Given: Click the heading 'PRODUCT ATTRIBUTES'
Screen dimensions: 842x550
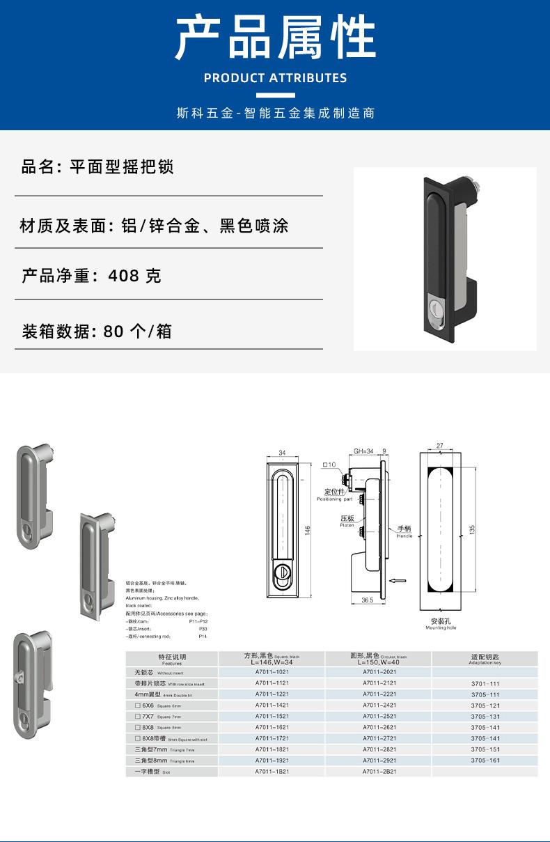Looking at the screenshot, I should [x=275, y=77].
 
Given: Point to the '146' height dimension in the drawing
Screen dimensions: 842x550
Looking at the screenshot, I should [x=306, y=531].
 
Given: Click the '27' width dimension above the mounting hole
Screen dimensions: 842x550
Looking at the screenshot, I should [x=439, y=445].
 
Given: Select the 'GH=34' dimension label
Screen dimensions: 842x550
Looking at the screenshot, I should [x=363, y=451].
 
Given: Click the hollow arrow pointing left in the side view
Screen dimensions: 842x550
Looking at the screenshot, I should [x=398, y=579].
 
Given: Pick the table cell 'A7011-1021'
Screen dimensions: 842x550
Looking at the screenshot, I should [x=271, y=673].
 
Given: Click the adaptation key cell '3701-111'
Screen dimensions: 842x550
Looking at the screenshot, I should [x=485, y=684].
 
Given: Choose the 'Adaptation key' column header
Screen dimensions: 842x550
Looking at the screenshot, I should [x=485, y=659].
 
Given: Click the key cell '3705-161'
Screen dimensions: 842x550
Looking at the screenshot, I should [x=485, y=761].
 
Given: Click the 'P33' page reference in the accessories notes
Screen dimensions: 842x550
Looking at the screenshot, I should [x=203, y=628].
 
